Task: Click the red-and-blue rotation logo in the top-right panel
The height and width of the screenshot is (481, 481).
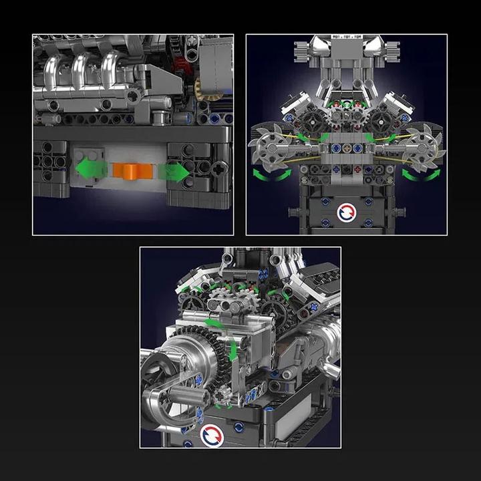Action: tap(347, 213)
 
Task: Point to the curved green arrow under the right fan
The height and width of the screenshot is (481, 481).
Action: tap(424, 175)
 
